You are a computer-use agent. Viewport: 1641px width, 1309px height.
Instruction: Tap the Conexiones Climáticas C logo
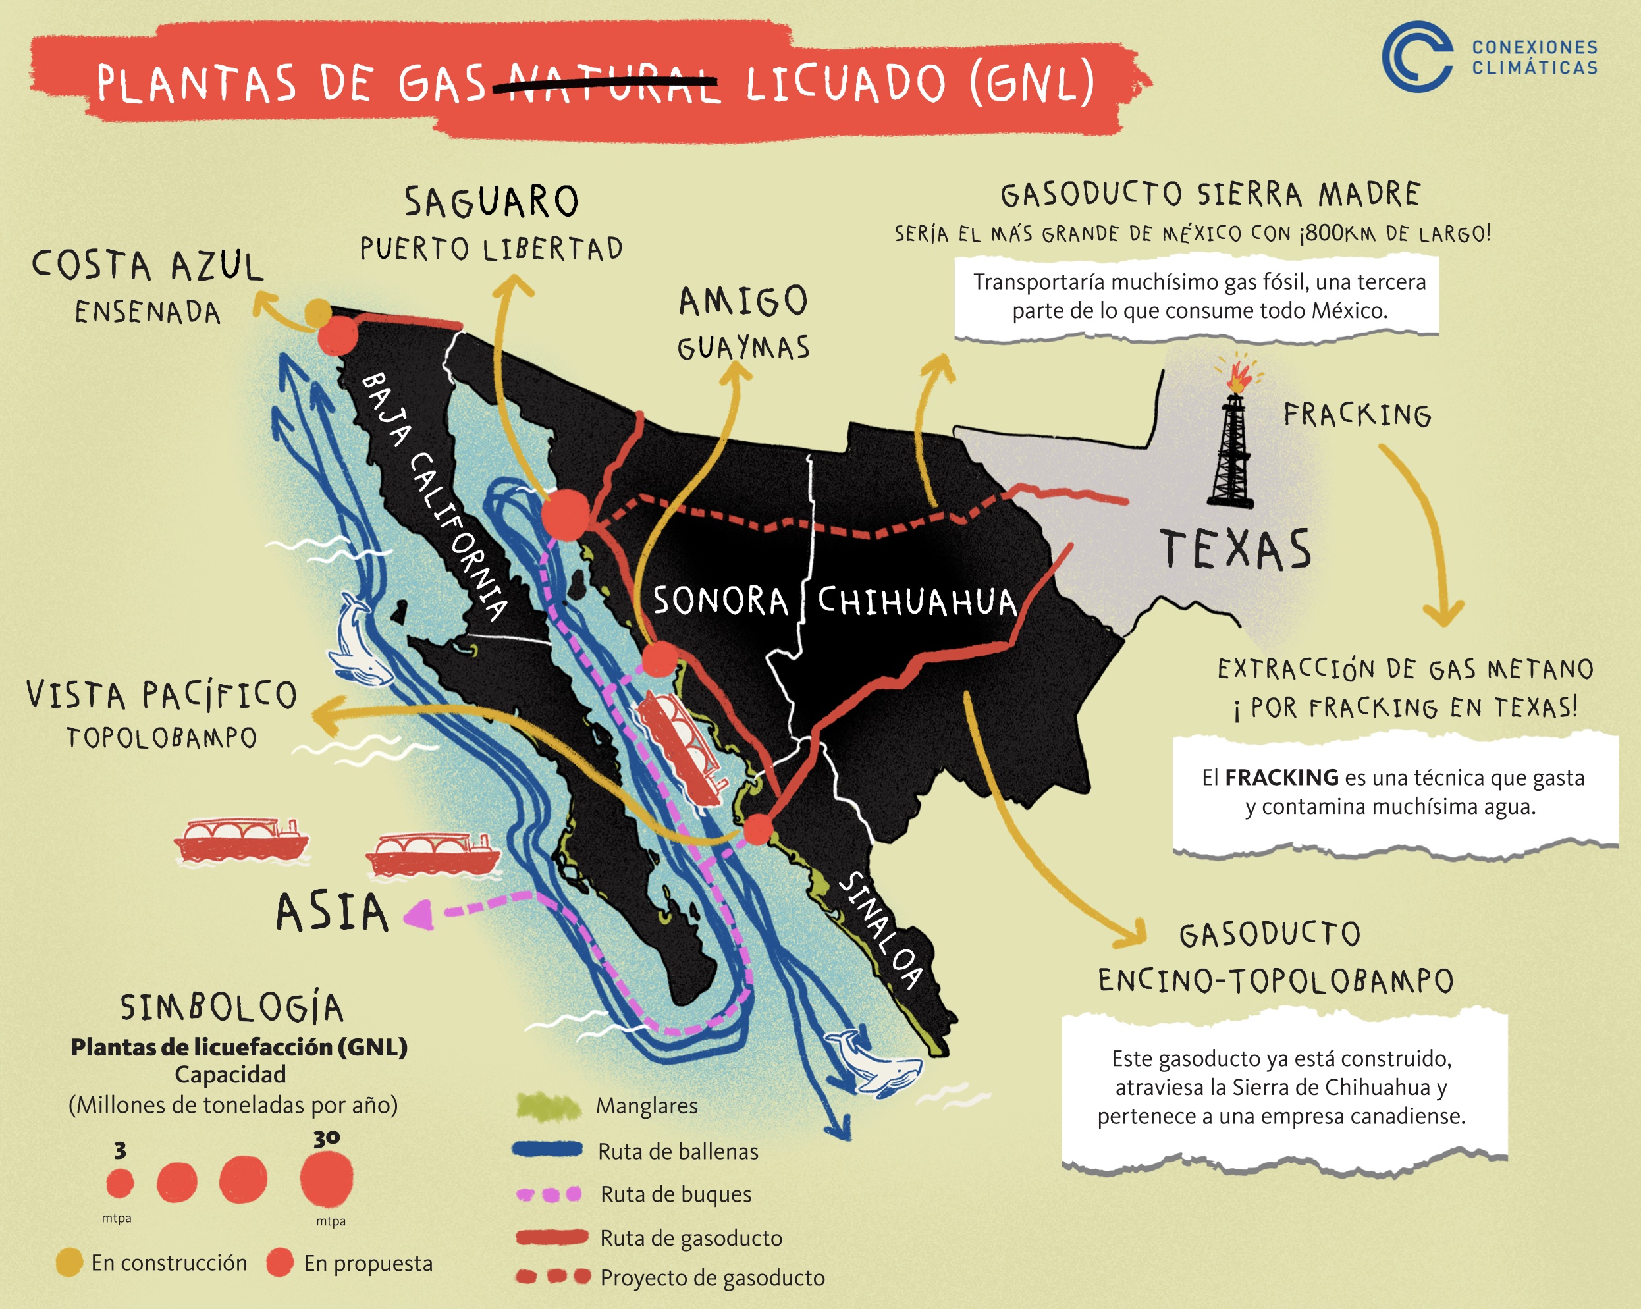tap(1416, 57)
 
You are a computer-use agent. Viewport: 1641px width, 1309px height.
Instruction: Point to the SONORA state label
tap(720, 601)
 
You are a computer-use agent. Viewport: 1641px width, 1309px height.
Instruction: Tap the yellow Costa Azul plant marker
tap(318, 312)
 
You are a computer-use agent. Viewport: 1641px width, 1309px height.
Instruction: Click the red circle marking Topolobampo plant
tap(757, 830)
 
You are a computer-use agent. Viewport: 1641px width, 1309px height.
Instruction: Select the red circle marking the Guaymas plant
tap(659, 659)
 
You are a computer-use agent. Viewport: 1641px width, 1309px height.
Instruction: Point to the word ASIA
tap(332, 913)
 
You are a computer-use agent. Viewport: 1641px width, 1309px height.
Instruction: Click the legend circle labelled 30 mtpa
tap(327, 1180)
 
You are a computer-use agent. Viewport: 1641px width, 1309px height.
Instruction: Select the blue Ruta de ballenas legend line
tap(548, 1150)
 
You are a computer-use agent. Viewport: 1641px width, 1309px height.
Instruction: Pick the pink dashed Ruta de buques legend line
tap(549, 1194)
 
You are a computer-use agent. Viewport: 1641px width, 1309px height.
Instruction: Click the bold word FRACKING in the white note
tap(1281, 778)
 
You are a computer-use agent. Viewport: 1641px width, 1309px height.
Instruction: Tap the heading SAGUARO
tap(492, 202)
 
